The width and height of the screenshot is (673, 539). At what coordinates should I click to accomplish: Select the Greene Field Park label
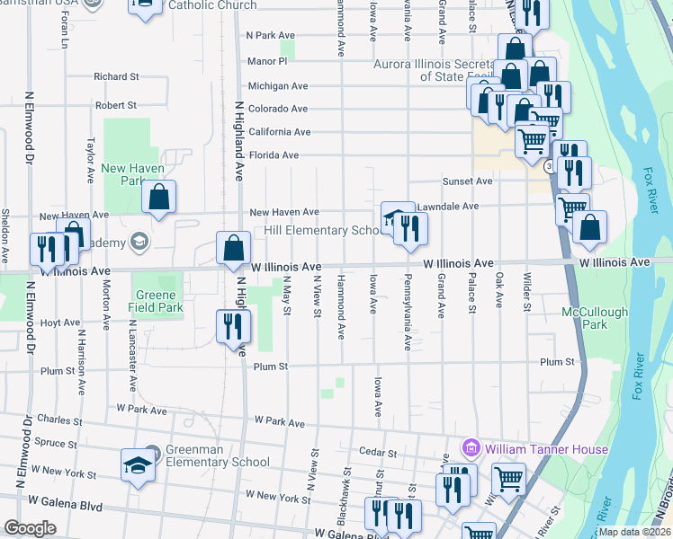pos(158,301)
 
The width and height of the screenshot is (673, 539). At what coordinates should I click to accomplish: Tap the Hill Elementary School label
pos(325,231)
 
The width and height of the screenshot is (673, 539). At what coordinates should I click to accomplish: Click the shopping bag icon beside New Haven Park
pos(158,199)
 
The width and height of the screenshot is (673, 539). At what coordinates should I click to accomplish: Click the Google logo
pos(30,528)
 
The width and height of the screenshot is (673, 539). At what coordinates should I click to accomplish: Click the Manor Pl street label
pos(267,62)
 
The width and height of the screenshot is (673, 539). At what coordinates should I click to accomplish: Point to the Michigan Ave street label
pos(278,86)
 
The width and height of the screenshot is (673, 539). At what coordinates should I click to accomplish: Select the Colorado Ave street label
pos(278,110)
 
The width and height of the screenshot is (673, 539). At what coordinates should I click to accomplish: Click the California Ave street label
pos(280,132)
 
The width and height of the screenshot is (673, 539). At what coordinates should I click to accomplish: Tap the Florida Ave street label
pos(274,155)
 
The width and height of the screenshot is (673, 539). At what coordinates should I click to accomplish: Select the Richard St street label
pos(116,77)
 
